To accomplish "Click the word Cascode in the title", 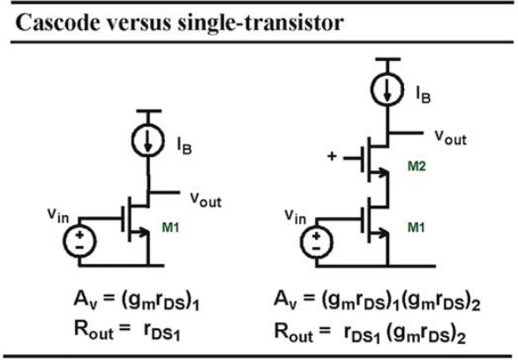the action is [57, 23].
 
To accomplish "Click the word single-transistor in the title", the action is [260, 24].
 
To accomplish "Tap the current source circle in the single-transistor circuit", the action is [147, 140].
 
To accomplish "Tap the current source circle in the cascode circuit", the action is [387, 89].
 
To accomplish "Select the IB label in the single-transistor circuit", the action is [184, 146].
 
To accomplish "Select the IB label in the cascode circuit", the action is [424, 94].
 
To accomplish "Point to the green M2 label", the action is [417, 166].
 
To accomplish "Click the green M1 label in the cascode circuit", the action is [417, 228].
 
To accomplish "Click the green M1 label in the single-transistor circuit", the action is [170, 228].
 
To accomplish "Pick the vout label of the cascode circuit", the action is [450, 137].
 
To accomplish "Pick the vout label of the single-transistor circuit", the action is [206, 199].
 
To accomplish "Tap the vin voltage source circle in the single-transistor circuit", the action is [79, 241].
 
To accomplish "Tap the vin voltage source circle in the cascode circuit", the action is [316, 242].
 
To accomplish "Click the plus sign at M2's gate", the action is [331, 156].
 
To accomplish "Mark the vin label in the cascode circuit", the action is [295, 217].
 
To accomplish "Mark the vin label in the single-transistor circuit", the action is [58, 215].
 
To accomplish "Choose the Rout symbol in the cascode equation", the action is [294, 332].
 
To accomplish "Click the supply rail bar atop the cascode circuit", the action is [388, 59].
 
